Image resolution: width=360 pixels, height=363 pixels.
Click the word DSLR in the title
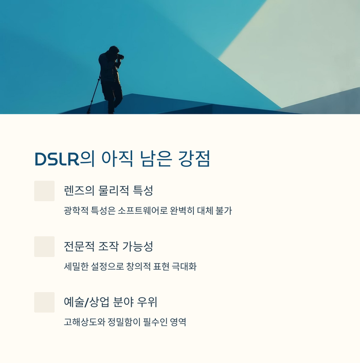(x=56, y=159)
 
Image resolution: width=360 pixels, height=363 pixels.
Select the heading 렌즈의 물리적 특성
(x=108, y=191)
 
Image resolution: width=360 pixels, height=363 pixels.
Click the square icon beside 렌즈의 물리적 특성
(x=44, y=191)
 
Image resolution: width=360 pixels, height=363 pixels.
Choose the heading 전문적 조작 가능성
(x=108, y=246)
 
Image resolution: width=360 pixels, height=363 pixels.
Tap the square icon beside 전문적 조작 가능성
(x=44, y=247)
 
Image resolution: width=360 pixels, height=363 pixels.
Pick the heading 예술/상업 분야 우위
(x=113, y=302)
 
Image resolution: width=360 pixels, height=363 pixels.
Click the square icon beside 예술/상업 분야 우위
(x=44, y=302)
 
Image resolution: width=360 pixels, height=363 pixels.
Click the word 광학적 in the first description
(x=76, y=211)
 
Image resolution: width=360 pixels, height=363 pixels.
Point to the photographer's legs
(x=113, y=95)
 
